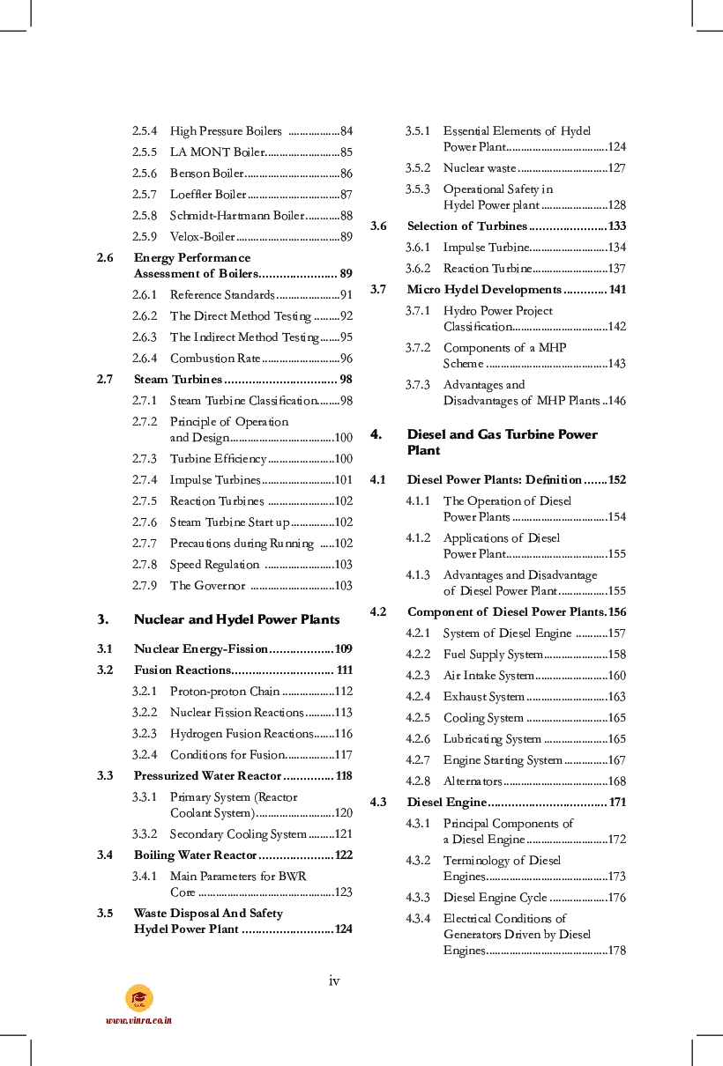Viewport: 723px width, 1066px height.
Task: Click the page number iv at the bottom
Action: point(333,981)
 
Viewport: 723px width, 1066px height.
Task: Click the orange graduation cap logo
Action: point(138,998)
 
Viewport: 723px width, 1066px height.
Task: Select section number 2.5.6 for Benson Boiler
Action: point(145,174)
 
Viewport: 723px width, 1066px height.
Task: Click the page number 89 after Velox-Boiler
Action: point(346,237)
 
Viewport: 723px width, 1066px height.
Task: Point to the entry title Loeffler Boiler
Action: point(208,195)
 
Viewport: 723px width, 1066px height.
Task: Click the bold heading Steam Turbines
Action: point(178,380)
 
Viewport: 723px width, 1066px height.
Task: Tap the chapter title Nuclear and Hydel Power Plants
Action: point(236,619)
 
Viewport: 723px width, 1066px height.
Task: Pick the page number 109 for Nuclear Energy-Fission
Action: point(343,649)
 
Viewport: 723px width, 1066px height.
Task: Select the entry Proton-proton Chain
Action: point(225,692)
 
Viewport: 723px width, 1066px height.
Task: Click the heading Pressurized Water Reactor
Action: point(207,776)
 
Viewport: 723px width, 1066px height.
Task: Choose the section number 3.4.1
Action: point(145,877)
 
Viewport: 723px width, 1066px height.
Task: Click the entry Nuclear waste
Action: point(479,168)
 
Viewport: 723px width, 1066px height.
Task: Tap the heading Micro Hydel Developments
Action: point(484,290)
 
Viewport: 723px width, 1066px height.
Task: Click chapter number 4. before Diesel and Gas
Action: point(375,434)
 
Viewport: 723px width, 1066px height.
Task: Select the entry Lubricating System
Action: point(492,739)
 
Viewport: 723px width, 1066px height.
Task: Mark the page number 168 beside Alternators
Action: point(616,781)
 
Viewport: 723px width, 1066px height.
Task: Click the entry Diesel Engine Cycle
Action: point(495,898)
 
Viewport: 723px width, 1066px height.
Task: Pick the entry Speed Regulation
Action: point(214,565)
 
